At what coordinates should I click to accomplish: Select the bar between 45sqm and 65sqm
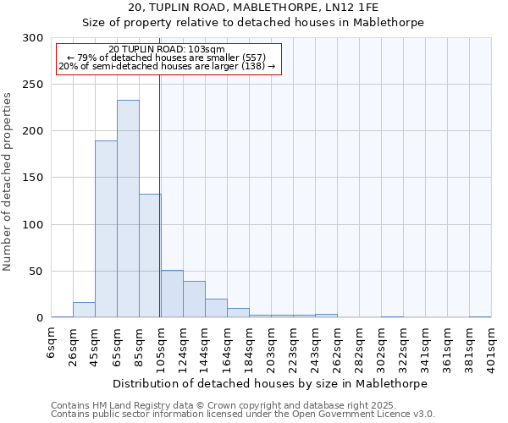[106, 229]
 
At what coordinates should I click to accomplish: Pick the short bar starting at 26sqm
[84, 310]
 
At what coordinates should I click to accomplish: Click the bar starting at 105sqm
[172, 294]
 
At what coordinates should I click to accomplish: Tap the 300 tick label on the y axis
[33, 38]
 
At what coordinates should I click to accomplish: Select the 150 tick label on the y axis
[33, 179]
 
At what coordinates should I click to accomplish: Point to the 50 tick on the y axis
[36, 272]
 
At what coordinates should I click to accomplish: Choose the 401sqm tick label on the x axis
[491, 346]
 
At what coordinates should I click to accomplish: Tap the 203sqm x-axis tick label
[271, 346]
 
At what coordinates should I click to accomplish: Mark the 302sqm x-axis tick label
[381, 346]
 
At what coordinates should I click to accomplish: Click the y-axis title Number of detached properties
[8, 182]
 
